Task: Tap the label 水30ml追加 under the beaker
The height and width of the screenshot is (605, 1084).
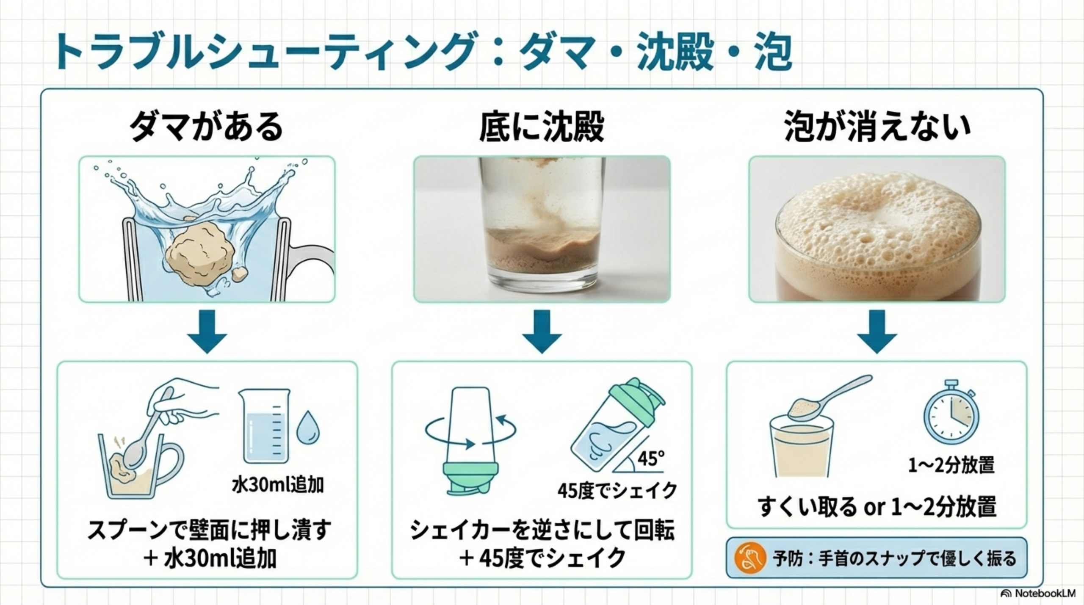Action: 278,485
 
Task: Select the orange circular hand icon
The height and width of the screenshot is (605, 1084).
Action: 751,558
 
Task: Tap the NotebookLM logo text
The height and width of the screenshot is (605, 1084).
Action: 1044,594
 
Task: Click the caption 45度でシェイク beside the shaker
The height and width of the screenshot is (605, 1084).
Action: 617,491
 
